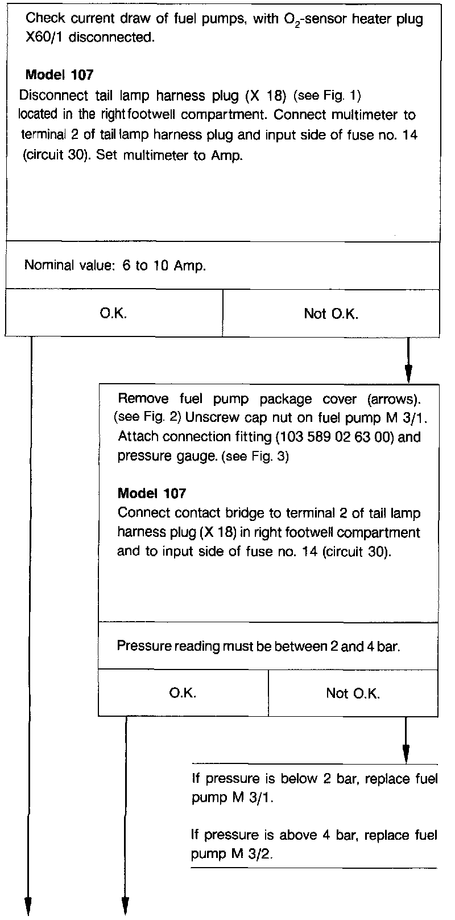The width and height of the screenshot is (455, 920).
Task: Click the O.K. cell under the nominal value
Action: (113, 313)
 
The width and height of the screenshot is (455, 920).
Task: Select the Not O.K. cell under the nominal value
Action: (331, 313)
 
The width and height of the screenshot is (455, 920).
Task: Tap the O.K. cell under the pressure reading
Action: (183, 693)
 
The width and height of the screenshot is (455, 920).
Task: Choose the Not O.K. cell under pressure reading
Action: (353, 693)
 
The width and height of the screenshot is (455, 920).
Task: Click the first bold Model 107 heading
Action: (60, 75)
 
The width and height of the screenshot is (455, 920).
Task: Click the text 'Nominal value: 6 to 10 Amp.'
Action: (115, 266)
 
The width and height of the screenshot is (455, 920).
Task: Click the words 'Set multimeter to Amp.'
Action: (169, 155)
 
